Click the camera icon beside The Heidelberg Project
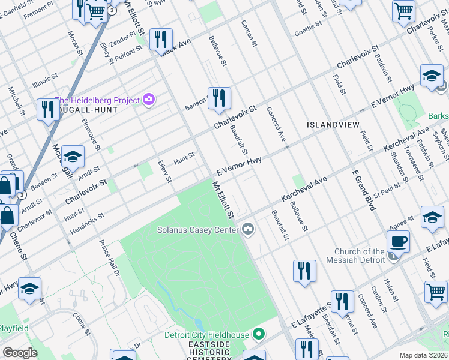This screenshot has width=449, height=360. (x=148, y=100)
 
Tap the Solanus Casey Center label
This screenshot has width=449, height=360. (x=198, y=229)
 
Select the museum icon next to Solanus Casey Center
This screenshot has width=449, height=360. (x=249, y=229)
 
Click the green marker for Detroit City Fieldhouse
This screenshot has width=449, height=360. (x=259, y=334)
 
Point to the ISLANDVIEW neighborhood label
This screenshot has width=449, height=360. (x=333, y=125)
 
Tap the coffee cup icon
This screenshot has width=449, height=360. (x=398, y=242)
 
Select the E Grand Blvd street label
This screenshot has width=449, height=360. (x=364, y=191)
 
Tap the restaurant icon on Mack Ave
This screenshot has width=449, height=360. (x=160, y=40)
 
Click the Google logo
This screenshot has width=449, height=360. (x=20, y=353)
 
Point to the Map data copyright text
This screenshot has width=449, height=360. (x=423, y=355)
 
